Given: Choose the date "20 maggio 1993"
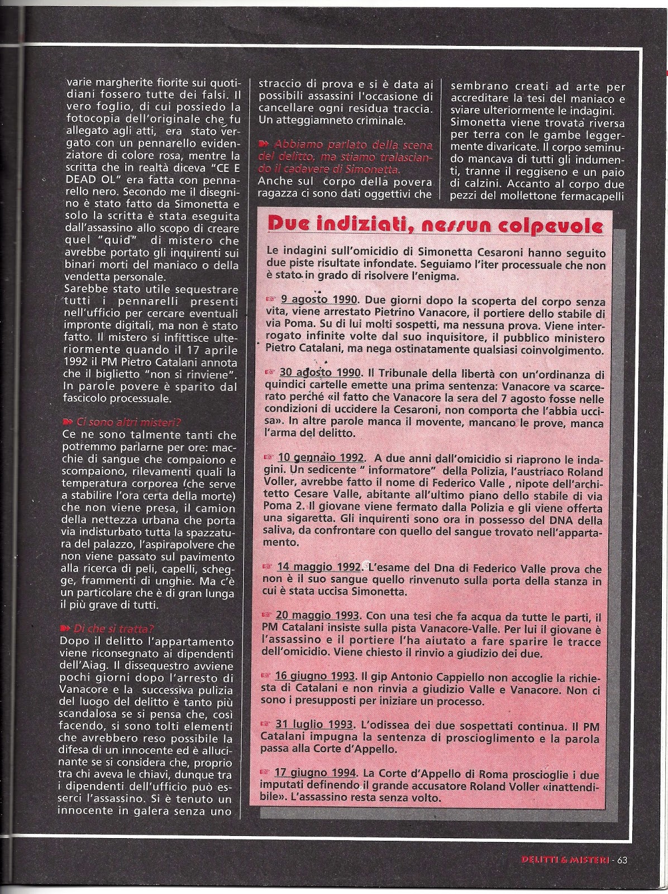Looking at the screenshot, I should coord(317,616).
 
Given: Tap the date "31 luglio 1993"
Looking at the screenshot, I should coord(314,724).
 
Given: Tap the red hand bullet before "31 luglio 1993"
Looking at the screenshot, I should coord(265,724).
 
